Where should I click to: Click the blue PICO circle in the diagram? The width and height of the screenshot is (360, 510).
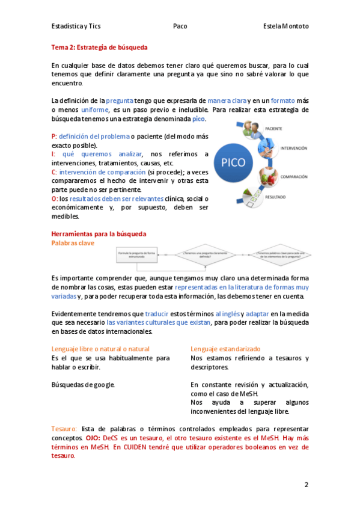click(234, 162)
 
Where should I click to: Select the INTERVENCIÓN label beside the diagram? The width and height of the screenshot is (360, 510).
click(290, 147)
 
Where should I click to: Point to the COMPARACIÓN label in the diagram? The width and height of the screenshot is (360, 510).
click(292, 177)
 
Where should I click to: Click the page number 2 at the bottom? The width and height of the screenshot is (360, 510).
click(306, 485)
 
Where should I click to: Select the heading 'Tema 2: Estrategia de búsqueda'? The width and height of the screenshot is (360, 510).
click(99, 47)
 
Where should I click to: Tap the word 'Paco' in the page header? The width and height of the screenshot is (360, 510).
click(180, 26)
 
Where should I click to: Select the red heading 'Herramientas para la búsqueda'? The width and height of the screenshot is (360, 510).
click(99, 233)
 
